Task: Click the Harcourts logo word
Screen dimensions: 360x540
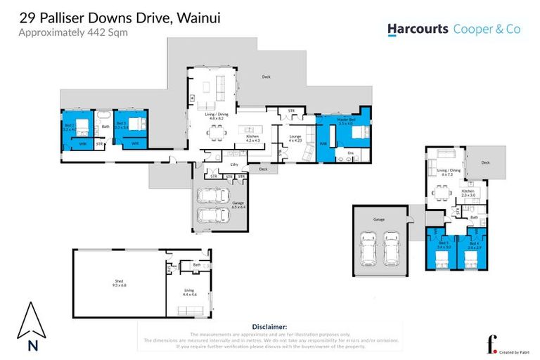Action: [x=418, y=29]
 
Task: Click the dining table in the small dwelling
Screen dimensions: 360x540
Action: [x=440, y=191]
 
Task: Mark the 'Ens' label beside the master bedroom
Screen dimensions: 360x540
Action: [x=350, y=152]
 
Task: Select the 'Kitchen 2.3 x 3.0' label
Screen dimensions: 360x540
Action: [x=469, y=193]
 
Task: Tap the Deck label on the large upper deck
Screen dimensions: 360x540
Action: [x=266, y=77]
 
